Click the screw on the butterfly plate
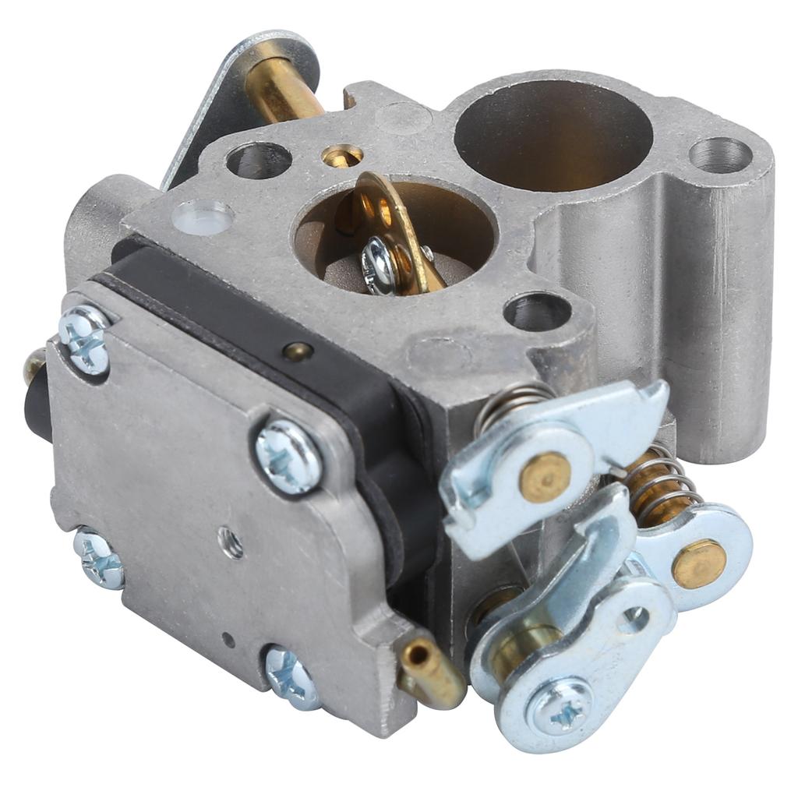coord(380,266)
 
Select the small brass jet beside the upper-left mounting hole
coord(343,157)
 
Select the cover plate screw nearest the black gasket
coord(289,456)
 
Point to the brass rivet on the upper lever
coord(545,476)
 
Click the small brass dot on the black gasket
coord(298,351)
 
